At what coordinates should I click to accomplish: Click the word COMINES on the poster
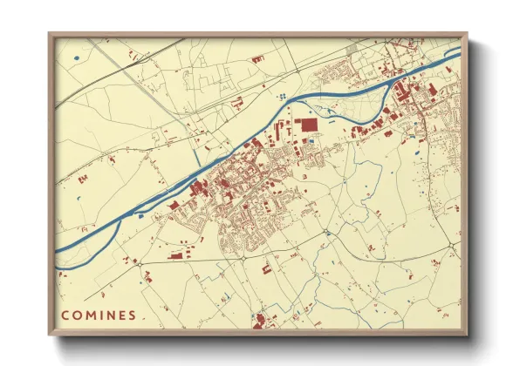98,315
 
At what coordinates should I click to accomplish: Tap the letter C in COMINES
65,315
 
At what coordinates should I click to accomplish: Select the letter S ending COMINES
132,315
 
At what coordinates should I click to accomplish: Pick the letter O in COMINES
77,315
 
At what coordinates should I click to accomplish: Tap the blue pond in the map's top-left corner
77,58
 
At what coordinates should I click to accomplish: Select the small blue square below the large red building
311,141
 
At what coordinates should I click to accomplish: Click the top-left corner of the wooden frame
50,34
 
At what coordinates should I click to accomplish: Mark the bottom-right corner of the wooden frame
467,335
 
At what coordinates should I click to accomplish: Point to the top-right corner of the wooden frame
467,34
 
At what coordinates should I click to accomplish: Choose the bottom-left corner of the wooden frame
50,335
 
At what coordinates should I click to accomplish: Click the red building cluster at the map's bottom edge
258,323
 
